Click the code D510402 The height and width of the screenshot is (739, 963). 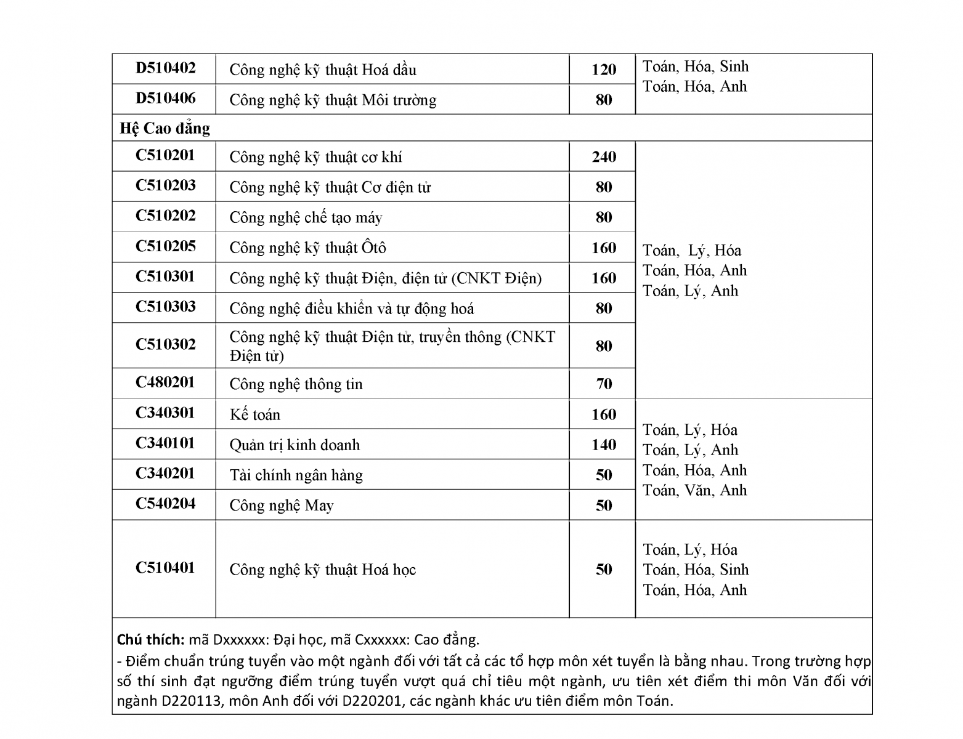pyautogui.click(x=165, y=68)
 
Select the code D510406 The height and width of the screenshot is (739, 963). pyautogui.click(x=165, y=98)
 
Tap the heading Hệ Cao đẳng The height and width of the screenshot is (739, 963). pyautogui.click(x=165, y=128)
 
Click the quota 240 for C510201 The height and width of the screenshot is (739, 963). pyautogui.click(x=603, y=157)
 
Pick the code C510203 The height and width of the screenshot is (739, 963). pyautogui.click(x=165, y=185)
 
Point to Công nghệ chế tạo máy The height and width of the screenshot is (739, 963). pyautogui.click(x=306, y=217)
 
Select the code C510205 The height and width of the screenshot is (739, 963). pyautogui.click(x=165, y=246)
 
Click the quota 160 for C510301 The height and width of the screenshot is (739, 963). pyautogui.click(x=603, y=278)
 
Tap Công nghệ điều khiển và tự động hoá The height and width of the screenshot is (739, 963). pyautogui.click(x=351, y=309)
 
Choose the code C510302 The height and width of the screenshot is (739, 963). pyautogui.click(x=165, y=344)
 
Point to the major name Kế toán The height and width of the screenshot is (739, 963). pyautogui.click(x=254, y=415)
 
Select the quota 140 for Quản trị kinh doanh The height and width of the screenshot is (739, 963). pyautogui.click(x=603, y=445)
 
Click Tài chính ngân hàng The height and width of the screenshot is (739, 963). pyautogui.click(x=296, y=475)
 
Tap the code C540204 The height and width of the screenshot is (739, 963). pyautogui.click(x=165, y=504)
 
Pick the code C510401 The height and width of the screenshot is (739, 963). pyautogui.click(x=165, y=568)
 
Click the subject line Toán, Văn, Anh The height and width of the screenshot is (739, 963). pyautogui.click(x=694, y=491)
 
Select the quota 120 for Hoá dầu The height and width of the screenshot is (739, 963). pyautogui.click(x=603, y=70)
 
